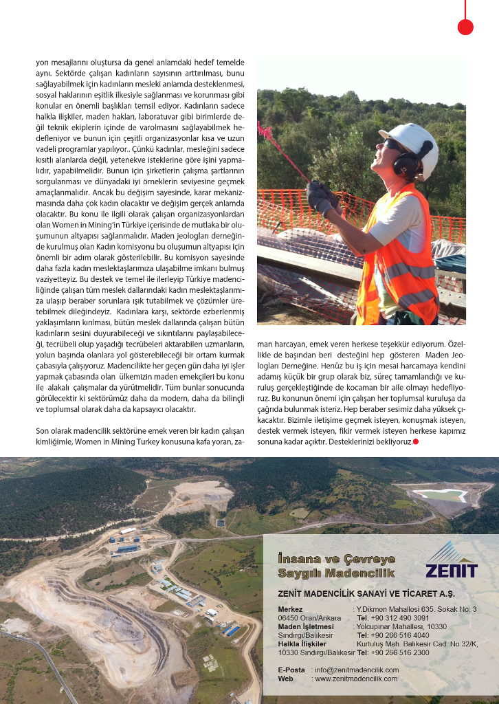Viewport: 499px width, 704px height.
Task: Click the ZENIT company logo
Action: click(x=451, y=560)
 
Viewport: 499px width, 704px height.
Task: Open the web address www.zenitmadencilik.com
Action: click(x=356, y=679)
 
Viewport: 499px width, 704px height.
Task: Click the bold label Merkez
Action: click(x=290, y=609)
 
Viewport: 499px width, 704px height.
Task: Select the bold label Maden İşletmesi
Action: click(x=306, y=626)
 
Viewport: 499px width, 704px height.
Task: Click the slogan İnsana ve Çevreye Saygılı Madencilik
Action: click(x=336, y=565)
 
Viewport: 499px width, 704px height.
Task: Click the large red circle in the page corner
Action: click(x=465, y=27)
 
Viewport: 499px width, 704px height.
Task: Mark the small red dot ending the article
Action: click(x=416, y=441)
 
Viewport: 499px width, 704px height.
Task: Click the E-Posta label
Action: click(x=291, y=669)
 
